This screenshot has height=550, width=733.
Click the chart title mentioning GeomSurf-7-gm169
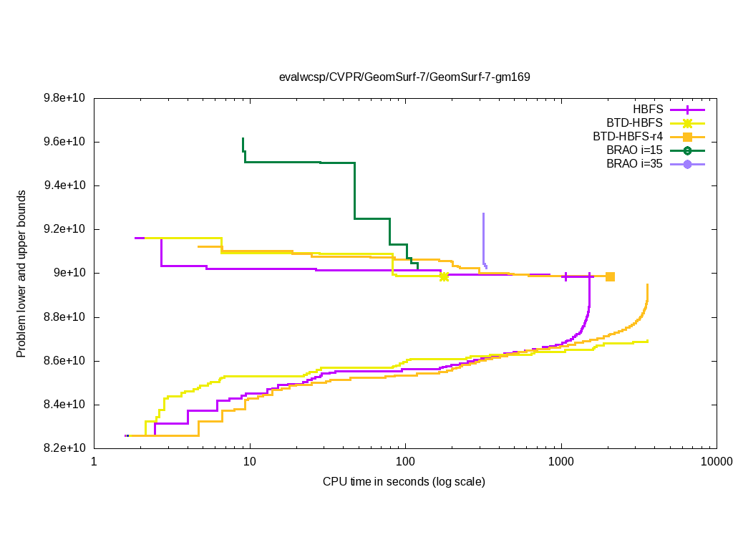point(404,77)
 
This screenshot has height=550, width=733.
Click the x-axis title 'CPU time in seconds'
point(404,481)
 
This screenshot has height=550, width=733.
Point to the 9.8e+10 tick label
point(64,98)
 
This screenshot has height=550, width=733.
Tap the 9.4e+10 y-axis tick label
point(64,185)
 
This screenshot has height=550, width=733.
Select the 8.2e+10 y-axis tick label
point(64,448)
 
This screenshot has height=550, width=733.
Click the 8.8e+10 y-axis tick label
point(64,317)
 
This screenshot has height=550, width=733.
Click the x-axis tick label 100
point(405,462)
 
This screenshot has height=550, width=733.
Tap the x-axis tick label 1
point(94,462)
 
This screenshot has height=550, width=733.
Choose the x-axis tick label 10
point(250,462)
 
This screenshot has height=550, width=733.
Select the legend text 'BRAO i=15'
point(634,150)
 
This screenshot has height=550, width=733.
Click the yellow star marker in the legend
point(687,122)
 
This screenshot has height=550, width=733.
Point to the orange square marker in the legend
point(687,136)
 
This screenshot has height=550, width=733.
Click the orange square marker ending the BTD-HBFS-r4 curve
point(610,276)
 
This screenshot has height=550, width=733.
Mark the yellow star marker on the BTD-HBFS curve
point(444,276)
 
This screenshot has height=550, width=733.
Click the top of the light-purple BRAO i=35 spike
point(483,213)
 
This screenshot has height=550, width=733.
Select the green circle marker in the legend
point(687,150)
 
